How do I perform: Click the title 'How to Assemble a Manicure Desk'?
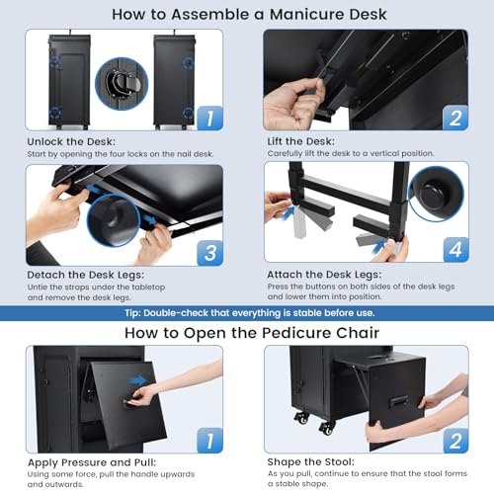tap(249, 15)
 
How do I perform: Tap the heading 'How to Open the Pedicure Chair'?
tap(252, 333)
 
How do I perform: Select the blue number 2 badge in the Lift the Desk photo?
tap(455, 118)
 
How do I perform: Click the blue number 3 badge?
tap(210, 253)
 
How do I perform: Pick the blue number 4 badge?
tap(455, 249)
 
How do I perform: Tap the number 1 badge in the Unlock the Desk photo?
tap(209, 118)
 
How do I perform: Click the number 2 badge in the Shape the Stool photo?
tap(455, 441)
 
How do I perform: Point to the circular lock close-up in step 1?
tap(122, 84)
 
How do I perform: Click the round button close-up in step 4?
tap(436, 194)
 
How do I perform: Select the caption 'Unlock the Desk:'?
tap(71, 141)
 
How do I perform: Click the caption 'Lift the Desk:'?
tap(300, 141)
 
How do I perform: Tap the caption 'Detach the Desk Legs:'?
tap(86, 275)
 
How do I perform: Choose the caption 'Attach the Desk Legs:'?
tap(324, 275)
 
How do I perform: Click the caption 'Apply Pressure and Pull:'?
tap(92, 462)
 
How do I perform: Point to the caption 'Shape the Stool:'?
tap(311, 461)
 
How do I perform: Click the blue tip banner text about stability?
tap(250, 313)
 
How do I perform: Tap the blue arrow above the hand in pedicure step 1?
tap(137, 381)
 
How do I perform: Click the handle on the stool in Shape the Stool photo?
tap(399, 403)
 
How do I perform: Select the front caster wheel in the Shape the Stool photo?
tap(326, 427)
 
